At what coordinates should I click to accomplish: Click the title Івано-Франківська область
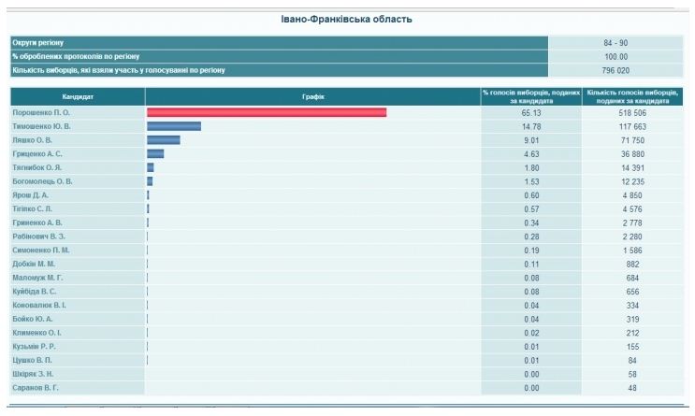[346, 19]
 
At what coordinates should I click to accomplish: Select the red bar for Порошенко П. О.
[267, 112]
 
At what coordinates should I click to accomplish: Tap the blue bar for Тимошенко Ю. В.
[174, 126]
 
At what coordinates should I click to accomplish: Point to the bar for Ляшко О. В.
[164, 140]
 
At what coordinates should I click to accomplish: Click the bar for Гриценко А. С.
[155, 153]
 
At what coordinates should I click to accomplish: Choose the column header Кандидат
[78, 96]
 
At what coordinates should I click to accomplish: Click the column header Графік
[312, 96]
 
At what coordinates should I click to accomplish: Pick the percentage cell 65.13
[531, 112]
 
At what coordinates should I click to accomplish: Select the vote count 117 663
[633, 126]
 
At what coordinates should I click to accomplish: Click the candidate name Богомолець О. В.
[42, 181]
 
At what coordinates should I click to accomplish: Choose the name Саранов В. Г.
[36, 387]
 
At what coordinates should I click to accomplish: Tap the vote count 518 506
[633, 112]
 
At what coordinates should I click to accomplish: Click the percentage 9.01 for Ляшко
[531, 140]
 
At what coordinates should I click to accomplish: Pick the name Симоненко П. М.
[41, 251]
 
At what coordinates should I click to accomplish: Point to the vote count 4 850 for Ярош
[633, 195]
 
